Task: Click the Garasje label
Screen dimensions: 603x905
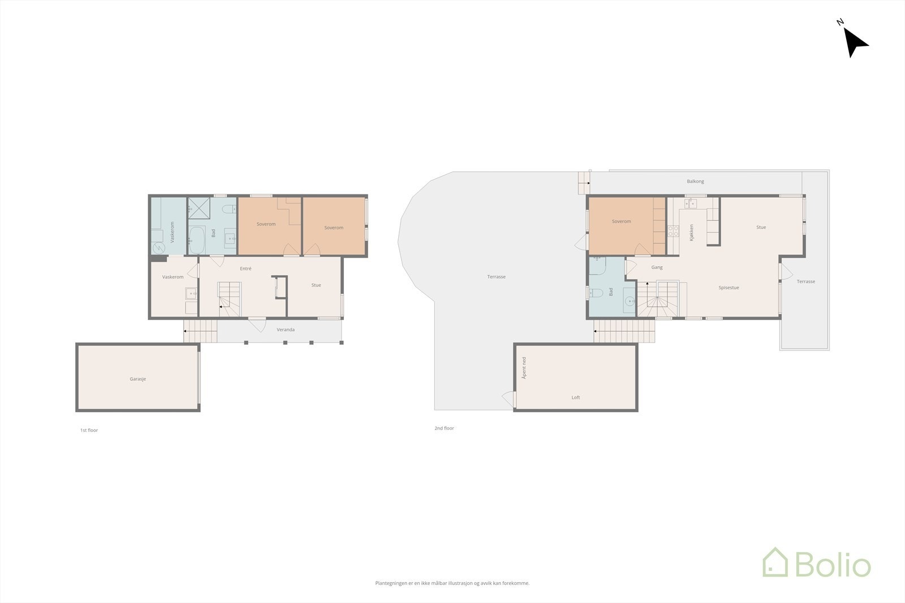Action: (137, 379)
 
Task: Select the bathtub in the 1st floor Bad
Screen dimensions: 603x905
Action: (196, 240)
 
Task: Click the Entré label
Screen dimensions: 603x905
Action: (245, 268)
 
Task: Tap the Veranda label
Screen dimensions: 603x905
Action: (286, 329)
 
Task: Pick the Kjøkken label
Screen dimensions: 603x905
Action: (691, 233)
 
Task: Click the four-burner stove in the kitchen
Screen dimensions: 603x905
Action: (673, 231)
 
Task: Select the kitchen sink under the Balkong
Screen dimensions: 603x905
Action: (691, 203)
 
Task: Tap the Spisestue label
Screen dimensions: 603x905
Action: (729, 288)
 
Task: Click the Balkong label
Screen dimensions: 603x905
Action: (695, 181)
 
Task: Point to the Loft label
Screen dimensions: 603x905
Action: (576, 397)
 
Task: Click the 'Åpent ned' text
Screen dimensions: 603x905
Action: (524, 368)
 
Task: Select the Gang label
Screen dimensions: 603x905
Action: (657, 267)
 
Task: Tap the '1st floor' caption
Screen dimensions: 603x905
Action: (89, 430)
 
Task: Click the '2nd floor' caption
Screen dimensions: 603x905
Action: (444, 428)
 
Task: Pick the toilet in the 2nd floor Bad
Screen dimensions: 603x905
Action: (595, 293)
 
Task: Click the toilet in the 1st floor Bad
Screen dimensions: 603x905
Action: (229, 210)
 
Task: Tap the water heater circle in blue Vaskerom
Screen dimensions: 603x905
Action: (158, 248)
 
